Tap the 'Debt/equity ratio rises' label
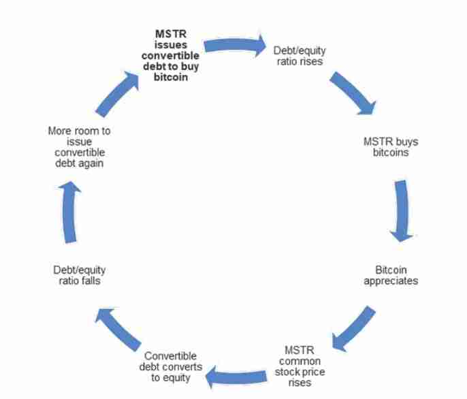[x=297, y=56]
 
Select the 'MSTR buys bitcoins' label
[x=391, y=147]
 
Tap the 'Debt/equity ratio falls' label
[x=79, y=274]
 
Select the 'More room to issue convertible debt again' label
[x=80, y=146]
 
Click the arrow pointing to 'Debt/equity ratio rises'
[x=235, y=46]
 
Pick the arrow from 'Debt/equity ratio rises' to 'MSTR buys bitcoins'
[x=353, y=93]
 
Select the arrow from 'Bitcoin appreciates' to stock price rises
[x=353, y=327]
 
